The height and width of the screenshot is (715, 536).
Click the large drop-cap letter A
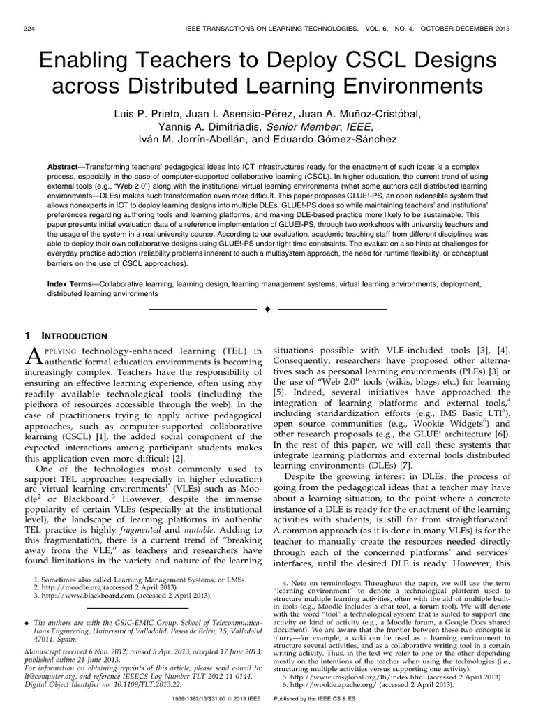[34, 357]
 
